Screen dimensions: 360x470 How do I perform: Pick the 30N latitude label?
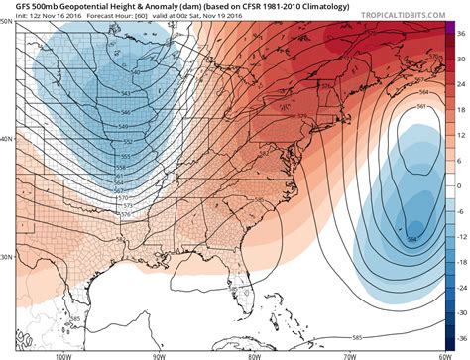[x=8, y=257]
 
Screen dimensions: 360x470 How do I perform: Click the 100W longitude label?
[x=64, y=353]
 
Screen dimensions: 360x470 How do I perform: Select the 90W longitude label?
[x=159, y=353]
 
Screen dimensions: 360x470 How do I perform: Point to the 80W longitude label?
[x=254, y=353]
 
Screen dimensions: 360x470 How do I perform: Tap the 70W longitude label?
[x=347, y=353]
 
